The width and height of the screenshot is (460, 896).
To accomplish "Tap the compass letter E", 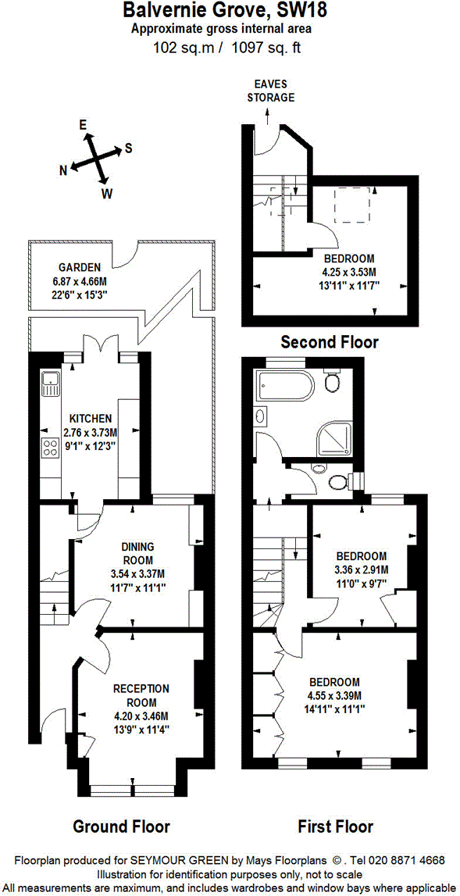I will (82, 124).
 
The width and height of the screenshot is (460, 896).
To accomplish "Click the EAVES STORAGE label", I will (270, 91).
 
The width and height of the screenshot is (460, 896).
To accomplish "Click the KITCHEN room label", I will (91, 418).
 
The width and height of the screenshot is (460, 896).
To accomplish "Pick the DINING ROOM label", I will (137, 553).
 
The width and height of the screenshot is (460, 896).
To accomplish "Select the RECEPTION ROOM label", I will (141, 694).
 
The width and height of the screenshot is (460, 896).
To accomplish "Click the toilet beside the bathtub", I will (333, 383).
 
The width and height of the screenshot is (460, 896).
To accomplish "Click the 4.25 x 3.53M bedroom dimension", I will (349, 272).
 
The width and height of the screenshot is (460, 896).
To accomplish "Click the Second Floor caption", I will (330, 341).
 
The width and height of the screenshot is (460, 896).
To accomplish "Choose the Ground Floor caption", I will (121, 826).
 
